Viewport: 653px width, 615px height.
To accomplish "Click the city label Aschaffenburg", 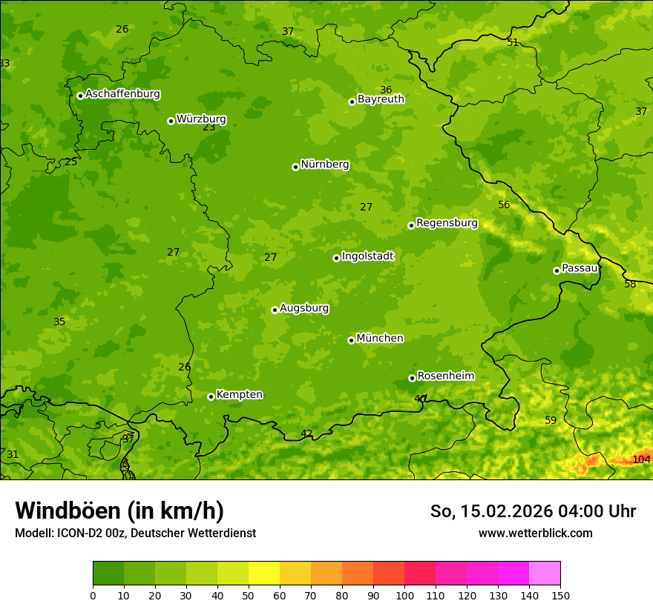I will click(122, 94).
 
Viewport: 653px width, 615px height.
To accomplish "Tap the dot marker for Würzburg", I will click(171, 121).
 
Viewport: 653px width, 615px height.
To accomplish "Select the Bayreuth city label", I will click(381, 99).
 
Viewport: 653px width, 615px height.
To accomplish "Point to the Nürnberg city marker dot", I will click(295, 167).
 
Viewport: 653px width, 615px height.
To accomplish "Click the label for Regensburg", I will click(447, 223).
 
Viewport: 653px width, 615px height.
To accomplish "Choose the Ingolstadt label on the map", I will click(367, 256).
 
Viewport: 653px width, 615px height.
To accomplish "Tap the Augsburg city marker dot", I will click(275, 310).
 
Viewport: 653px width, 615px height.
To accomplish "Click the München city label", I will click(380, 339).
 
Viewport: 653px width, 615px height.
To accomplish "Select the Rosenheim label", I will click(445, 376).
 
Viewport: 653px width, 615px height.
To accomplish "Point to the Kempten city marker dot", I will click(211, 396).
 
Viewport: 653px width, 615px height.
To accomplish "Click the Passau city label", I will click(580, 268).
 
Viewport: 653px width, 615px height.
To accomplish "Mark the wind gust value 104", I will click(641, 459).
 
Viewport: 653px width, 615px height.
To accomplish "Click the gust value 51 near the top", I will click(513, 42).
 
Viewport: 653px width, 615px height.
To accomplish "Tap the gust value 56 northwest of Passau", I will click(504, 205).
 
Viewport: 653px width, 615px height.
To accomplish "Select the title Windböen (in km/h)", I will click(119, 511).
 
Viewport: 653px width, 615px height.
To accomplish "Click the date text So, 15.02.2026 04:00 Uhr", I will click(533, 511).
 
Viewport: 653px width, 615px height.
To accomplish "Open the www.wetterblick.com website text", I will click(535, 533).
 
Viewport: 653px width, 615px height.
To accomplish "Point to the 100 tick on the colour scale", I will click(404, 595).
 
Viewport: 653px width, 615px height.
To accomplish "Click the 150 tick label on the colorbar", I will click(560, 595).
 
